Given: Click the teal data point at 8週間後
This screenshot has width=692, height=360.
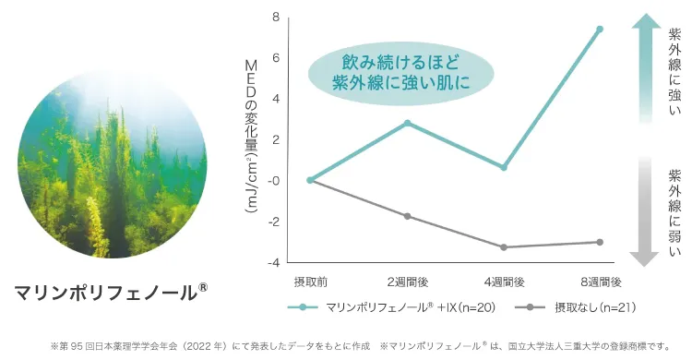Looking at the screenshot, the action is [x=600, y=30].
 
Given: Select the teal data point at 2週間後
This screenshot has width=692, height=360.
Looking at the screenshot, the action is [x=407, y=123].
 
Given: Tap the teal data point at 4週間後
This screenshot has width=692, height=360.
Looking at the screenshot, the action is [x=504, y=167].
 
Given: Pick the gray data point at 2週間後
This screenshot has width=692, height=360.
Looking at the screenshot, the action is [x=407, y=216].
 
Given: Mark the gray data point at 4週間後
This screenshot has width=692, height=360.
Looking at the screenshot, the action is [x=504, y=246].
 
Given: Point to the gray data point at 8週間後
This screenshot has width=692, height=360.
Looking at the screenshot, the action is [x=600, y=242].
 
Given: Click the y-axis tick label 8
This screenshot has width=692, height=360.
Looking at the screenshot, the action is [x=276, y=18].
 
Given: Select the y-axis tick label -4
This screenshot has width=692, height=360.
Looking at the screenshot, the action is [x=274, y=263].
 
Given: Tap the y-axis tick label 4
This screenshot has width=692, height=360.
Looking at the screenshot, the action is [x=276, y=99].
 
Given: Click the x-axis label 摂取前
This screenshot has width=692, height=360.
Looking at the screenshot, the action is [x=311, y=282].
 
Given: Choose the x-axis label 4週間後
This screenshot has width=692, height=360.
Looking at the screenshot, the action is [x=504, y=282].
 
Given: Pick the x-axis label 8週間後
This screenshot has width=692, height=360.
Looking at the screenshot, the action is [x=601, y=282].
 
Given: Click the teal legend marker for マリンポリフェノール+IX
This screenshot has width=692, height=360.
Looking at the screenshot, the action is [x=303, y=307].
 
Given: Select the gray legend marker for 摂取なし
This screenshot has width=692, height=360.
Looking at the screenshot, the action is [x=530, y=307].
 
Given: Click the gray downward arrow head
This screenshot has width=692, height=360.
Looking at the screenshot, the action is [x=644, y=259].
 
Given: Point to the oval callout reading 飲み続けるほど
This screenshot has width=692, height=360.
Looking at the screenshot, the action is [x=400, y=73].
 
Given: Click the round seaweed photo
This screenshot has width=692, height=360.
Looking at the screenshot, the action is [x=112, y=163].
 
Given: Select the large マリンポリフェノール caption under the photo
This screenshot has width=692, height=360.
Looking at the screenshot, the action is [x=111, y=292].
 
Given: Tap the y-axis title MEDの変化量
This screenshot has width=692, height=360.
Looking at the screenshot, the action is [x=251, y=137].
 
